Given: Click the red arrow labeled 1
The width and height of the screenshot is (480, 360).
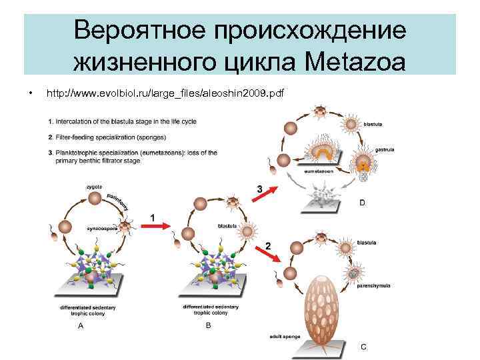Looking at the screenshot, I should coord(153,227).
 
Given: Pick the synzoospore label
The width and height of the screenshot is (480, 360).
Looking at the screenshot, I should coord(101,227).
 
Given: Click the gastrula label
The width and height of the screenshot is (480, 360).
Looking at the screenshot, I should coord(385,149).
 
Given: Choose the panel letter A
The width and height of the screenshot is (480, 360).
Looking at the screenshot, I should coord(81,327).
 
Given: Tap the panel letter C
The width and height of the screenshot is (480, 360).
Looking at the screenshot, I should coord(363,347).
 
